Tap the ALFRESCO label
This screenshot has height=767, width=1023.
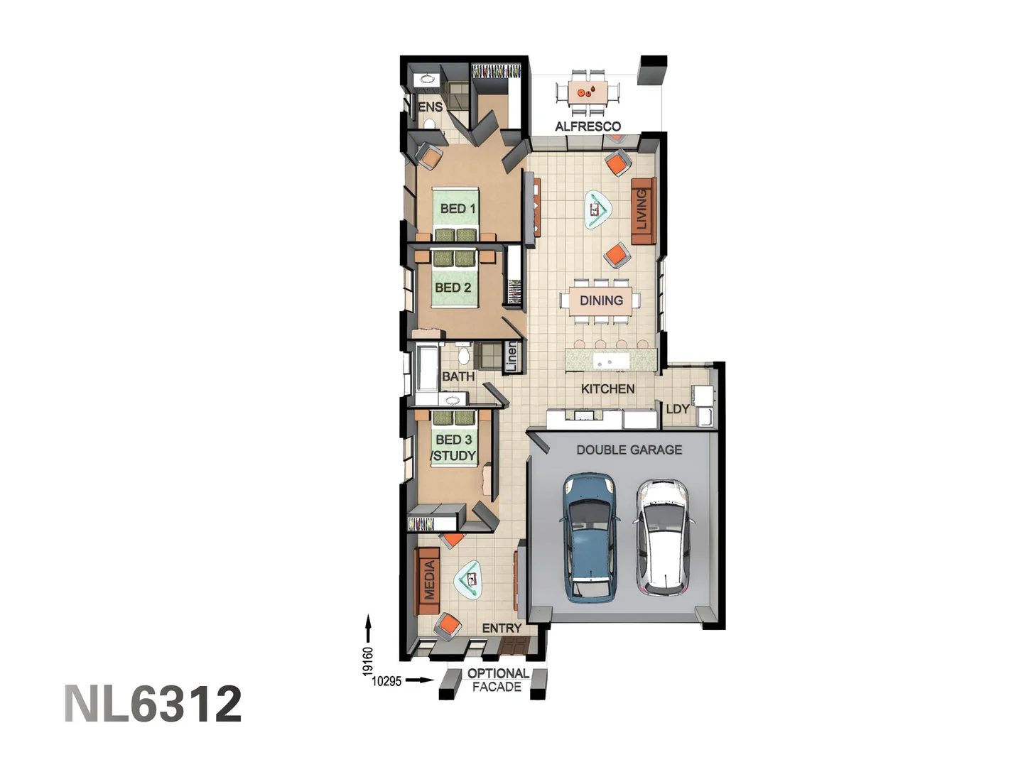coord(588,126)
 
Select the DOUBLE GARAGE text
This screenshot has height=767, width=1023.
coord(629,450)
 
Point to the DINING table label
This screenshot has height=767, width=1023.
coord(601,300)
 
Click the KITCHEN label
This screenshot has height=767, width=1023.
coord(607,388)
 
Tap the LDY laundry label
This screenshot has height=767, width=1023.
coord(677,409)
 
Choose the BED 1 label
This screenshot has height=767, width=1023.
coord(458,209)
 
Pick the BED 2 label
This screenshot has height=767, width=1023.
coord(453,288)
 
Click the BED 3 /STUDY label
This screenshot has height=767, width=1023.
coord(453,448)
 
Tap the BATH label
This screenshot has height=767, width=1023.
coord(458,376)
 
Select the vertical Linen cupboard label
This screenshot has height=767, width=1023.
coord(511,357)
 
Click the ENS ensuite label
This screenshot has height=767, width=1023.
coord(430,107)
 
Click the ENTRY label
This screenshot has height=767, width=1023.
coord(502,628)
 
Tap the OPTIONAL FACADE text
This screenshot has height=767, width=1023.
coord(497,680)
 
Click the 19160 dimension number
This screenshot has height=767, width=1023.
coord(367,660)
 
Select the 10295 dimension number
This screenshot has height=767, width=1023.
coord(386,681)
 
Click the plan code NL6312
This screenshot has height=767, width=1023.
coord(153,704)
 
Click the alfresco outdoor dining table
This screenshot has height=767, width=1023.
coord(588,92)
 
